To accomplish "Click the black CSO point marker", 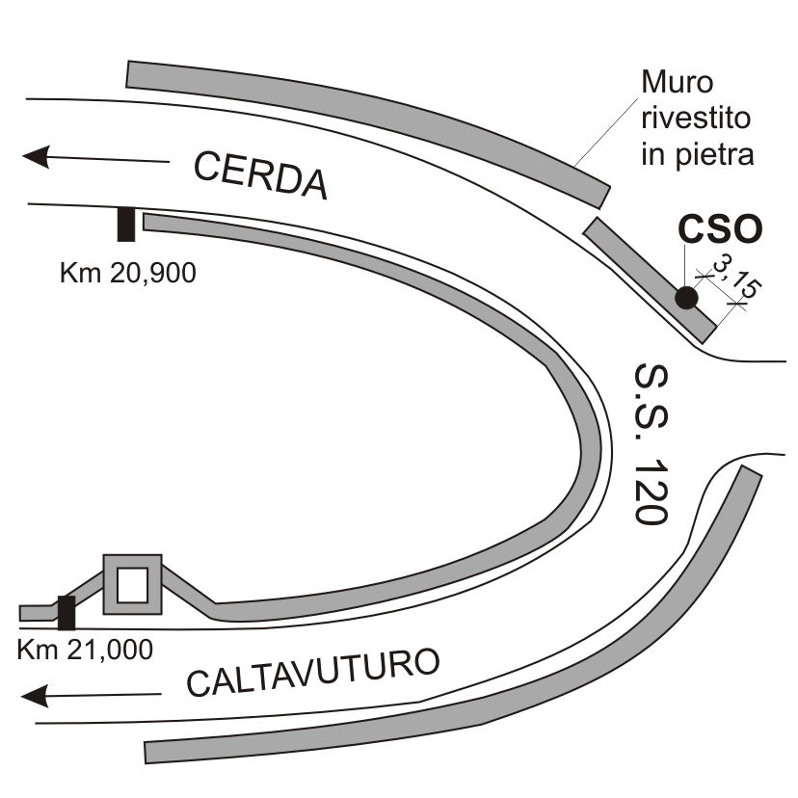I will point(686,298).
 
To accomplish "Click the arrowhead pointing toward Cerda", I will point(36,155).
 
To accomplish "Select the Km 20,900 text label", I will point(127,273).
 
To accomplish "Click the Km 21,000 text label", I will point(85,649).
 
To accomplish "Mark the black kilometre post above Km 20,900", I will point(125,225).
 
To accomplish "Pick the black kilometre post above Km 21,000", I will point(66,612).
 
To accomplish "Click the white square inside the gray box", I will point(132,584).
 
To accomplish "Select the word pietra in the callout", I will point(724,155).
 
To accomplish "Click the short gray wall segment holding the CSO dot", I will point(651,279).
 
